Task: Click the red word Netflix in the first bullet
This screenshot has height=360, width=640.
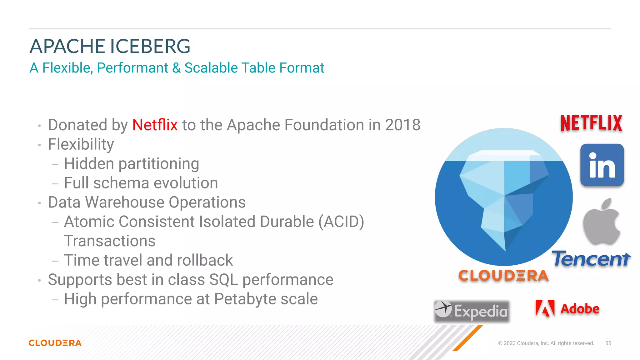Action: pos(155,125)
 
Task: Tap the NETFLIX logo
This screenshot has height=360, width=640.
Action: pos(591,123)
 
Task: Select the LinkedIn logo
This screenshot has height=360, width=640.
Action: pos(602,165)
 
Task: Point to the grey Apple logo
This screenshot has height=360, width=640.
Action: pos(602,222)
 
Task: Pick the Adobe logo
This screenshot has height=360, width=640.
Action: pos(567,309)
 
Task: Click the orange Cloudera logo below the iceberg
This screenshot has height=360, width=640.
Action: pos(503,276)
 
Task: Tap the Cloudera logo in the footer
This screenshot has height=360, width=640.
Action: pos(55,343)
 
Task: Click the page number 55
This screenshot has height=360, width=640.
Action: pos(608,343)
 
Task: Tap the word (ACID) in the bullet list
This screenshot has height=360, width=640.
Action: pos(341,222)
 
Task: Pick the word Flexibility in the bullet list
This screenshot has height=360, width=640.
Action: pos(81,144)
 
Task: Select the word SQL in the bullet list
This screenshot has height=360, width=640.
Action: pos(223,280)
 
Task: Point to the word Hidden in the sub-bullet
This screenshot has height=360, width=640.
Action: pos(89,164)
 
